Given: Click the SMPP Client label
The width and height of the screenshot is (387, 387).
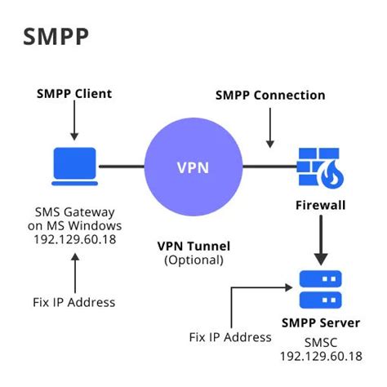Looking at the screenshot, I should tap(74, 94).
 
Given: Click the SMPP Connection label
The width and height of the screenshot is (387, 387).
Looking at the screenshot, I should tap(269, 96).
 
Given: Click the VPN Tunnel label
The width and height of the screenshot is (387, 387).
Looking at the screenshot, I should tap(194, 246).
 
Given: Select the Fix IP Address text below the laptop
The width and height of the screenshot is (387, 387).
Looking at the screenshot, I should tap(74, 302).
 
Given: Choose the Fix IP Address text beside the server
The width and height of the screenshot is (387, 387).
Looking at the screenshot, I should tap(231, 336).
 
